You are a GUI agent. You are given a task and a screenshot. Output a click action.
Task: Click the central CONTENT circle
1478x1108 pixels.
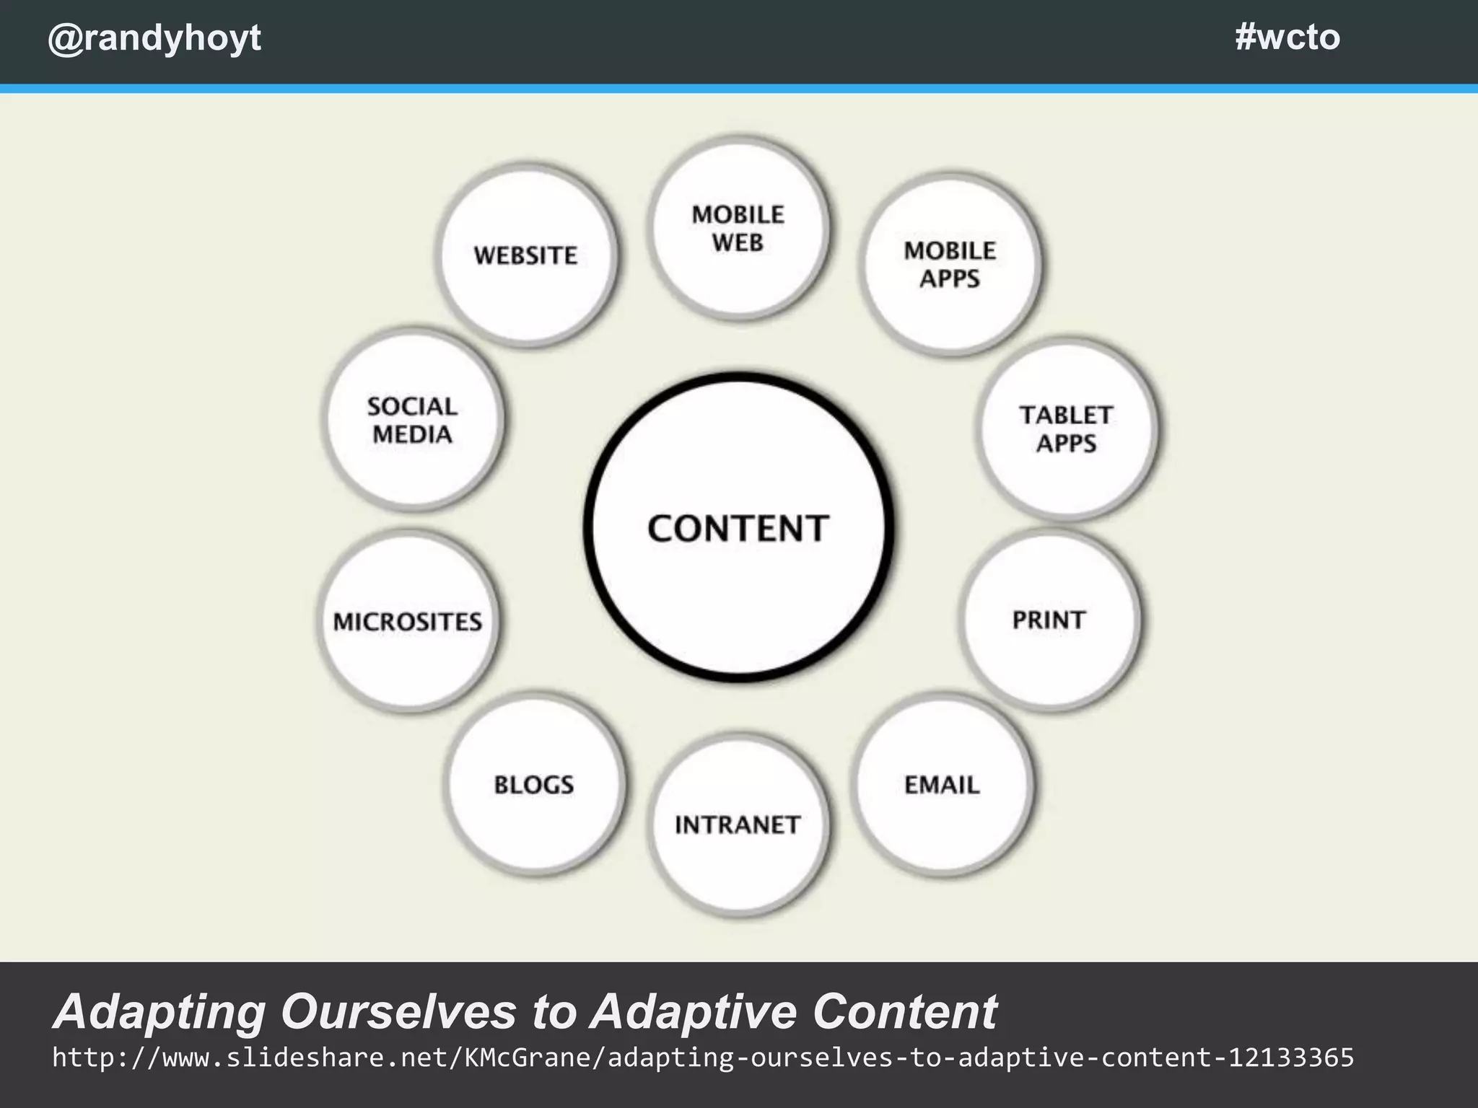[738, 527]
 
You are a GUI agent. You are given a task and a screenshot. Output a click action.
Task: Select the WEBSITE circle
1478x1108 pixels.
[527, 255]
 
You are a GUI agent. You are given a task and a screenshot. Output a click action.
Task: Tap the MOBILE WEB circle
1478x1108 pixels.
[738, 228]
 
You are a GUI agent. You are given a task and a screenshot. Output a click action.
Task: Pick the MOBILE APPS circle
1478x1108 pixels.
[950, 264]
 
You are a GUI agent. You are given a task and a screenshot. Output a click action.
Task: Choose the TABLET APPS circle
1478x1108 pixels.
[1067, 428]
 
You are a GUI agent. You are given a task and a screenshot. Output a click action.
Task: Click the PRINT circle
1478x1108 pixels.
[1049, 620]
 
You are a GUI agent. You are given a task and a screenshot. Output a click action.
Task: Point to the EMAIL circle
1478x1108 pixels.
[942, 785]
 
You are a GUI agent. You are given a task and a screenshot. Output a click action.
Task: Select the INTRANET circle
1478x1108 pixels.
[738, 825]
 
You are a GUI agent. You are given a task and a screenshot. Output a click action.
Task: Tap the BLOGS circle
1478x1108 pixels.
[534, 785]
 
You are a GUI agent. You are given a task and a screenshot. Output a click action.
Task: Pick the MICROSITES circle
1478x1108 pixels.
[408, 621]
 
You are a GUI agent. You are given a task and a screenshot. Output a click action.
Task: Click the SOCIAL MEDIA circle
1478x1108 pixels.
[412, 420]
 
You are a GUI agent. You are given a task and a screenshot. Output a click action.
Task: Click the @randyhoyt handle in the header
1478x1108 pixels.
[154, 38]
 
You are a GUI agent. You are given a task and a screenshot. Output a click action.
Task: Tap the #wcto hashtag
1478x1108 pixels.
[1287, 37]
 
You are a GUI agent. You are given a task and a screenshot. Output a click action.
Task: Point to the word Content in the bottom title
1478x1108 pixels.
[904, 1011]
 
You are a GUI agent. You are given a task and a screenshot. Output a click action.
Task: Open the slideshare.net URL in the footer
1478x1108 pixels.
[702, 1058]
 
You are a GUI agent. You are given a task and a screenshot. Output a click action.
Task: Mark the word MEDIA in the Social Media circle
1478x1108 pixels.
[412, 435]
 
